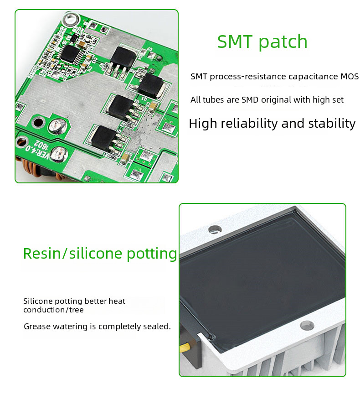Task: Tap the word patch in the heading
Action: (x=283, y=42)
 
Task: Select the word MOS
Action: (x=350, y=77)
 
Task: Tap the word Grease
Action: (x=37, y=327)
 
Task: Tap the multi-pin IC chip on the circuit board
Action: (x=70, y=53)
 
